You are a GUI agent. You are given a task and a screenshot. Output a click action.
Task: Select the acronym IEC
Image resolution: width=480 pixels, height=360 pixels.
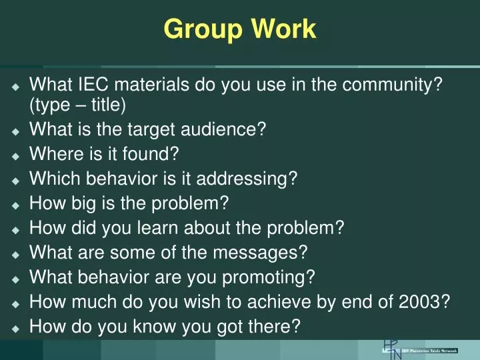pos(94,85)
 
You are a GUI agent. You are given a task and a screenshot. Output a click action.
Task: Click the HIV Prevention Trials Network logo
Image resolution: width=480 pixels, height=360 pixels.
pos(420,350)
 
